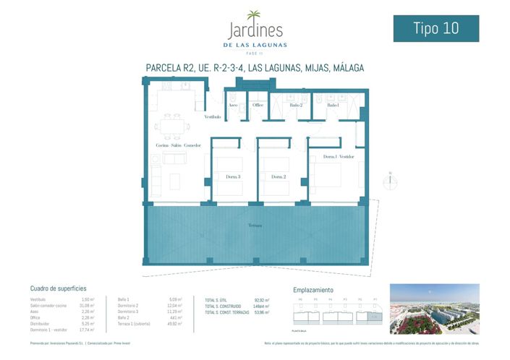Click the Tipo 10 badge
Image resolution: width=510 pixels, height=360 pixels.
[435, 28]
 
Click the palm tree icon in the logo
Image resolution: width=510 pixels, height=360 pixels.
[254, 16]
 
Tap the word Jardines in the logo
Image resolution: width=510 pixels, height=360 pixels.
[255, 30]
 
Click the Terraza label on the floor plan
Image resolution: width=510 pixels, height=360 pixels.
[254, 226]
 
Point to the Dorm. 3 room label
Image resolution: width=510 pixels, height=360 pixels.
[233, 176]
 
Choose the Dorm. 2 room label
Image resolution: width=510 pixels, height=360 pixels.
[279, 176]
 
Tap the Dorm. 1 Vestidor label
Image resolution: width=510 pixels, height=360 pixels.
[338, 157]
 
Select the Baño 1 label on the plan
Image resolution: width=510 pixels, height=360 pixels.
[333, 106]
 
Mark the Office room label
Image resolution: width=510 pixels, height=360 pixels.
[258, 106]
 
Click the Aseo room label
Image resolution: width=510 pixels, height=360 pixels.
[233, 106]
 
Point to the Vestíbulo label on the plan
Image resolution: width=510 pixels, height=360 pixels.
[212, 116]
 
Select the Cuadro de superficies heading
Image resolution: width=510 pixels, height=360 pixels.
[59, 288]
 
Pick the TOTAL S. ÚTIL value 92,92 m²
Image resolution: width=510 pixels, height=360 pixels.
[262, 300]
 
